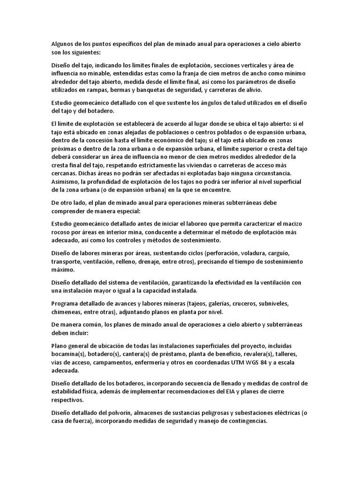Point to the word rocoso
click(x=61, y=232)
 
